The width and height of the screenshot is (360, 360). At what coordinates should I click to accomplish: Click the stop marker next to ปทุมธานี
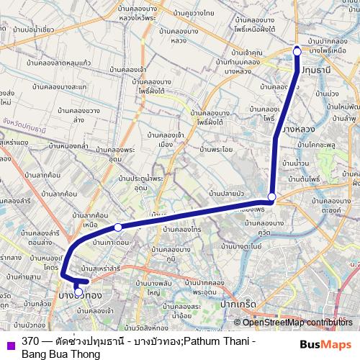click(297, 51)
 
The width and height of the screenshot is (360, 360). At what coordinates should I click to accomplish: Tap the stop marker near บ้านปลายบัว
click(271, 197)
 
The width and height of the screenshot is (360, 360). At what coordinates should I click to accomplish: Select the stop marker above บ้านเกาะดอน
click(118, 228)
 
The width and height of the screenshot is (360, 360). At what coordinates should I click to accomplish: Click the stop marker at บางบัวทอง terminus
click(78, 292)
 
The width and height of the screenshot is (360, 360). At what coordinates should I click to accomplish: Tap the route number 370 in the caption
click(30, 341)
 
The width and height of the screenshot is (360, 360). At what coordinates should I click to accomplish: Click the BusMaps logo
click(325, 344)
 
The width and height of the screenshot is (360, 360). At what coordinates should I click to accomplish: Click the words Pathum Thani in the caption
click(215, 341)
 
